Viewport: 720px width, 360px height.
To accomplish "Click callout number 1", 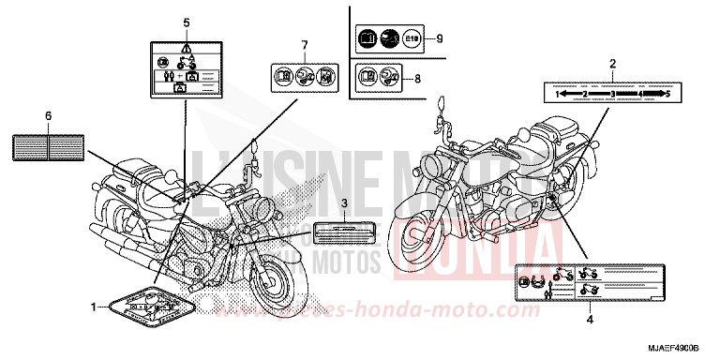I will (93, 307).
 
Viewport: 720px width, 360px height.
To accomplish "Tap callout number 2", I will (612, 64).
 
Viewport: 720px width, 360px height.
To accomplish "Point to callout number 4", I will (590, 322).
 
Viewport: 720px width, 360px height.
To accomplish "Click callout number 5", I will (187, 22).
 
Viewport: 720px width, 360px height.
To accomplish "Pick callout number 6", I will (47, 115).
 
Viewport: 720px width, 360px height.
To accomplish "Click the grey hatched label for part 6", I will (48, 144).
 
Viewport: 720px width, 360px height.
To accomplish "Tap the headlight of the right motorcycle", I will (459, 165).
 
